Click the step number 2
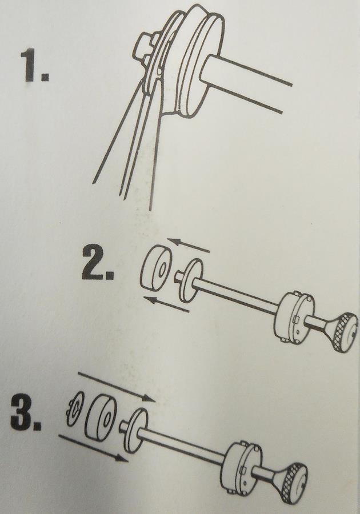point(97,263)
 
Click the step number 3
point(26,413)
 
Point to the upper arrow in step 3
point(116,387)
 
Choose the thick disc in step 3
point(101,416)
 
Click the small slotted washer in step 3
point(75,409)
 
